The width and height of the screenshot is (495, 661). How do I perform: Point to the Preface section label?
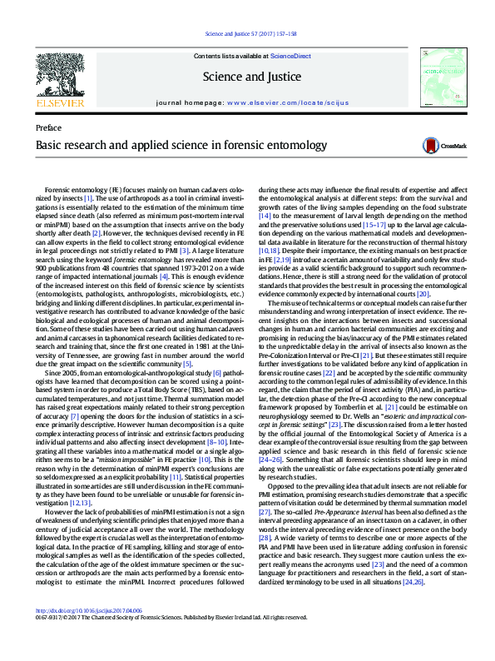(49, 129)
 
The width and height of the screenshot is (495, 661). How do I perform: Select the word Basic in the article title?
(48, 145)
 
